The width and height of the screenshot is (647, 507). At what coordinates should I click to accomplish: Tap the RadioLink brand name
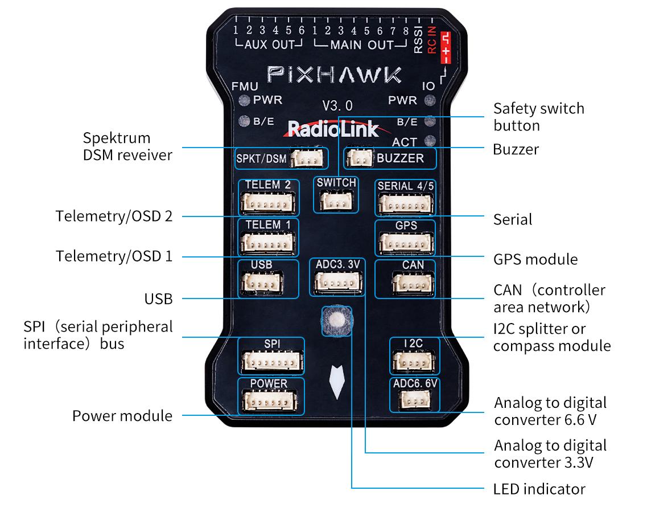pos(333,129)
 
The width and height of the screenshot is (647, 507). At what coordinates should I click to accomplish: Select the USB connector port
pos(262,282)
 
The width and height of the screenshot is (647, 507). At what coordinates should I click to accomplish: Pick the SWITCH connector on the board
pos(336,200)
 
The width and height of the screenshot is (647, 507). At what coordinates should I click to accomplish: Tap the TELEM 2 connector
pos(268,202)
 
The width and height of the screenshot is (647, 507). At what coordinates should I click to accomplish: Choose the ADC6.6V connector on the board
pos(415,401)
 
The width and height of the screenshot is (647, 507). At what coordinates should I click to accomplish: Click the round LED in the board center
pos(336,320)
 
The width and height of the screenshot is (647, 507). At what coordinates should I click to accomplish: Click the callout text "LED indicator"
pos(539,489)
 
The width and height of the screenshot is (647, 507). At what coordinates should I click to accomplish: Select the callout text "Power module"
pos(122,416)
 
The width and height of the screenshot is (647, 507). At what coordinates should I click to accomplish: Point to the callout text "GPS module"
pos(535,259)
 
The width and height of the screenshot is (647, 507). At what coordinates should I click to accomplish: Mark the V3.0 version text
pos(337,105)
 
